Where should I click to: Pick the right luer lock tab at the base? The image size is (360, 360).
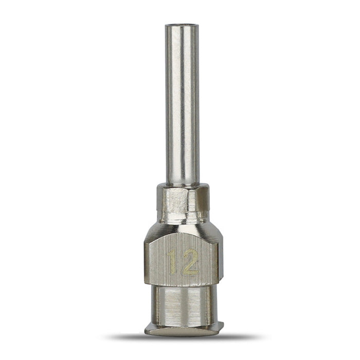tap(219, 326)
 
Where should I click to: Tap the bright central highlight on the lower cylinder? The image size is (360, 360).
tap(177, 306)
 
